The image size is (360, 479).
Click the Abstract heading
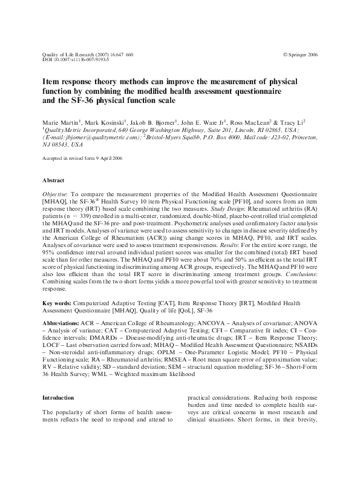pos(53,180)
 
